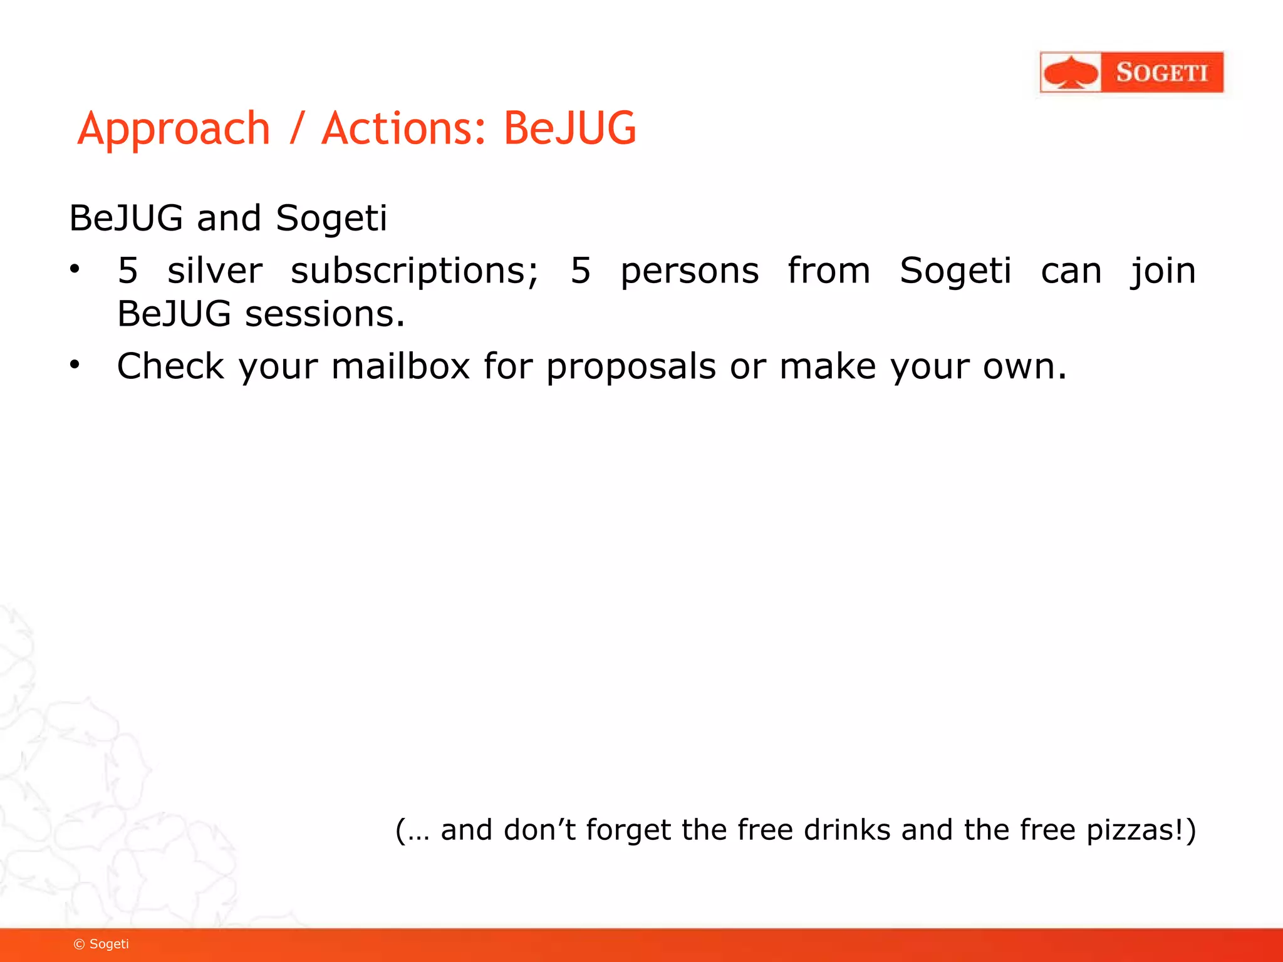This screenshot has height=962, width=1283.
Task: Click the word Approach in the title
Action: pyautogui.click(x=174, y=129)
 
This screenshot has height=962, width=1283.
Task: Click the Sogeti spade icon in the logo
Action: pyautogui.click(x=1071, y=73)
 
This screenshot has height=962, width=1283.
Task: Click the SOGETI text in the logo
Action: pyautogui.click(x=1161, y=73)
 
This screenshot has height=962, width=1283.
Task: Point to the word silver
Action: pyautogui.click(x=214, y=271)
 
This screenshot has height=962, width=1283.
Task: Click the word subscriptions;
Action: pyautogui.click(x=414, y=271)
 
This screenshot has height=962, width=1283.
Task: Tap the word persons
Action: pyautogui.click(x=689, y=271)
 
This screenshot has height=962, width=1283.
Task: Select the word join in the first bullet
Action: pyautogui.click(x=1163, y=271)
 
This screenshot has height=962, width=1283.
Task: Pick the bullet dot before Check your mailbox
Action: pyautogui.click(x=75, y=365)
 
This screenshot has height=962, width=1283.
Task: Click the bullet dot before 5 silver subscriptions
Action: pyautogui.click(x=75, y=269)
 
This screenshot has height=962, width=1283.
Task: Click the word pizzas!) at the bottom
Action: pyautogui.click(x=1141, y=830)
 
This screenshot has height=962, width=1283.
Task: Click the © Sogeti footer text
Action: pyautogui.click(x=101, y=944)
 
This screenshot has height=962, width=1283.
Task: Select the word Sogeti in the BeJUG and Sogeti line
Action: pyautogui.click(x=331, y=218)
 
